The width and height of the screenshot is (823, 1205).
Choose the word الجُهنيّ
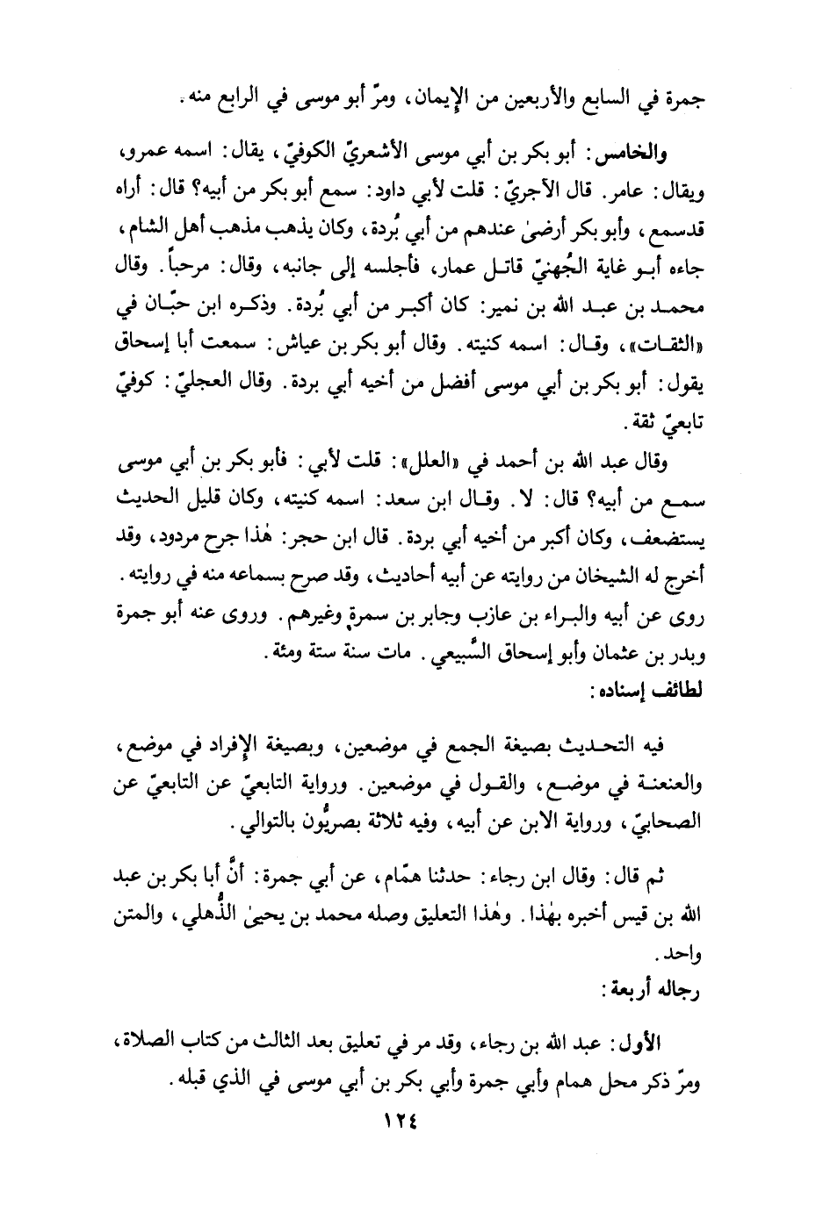pos(525,267)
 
